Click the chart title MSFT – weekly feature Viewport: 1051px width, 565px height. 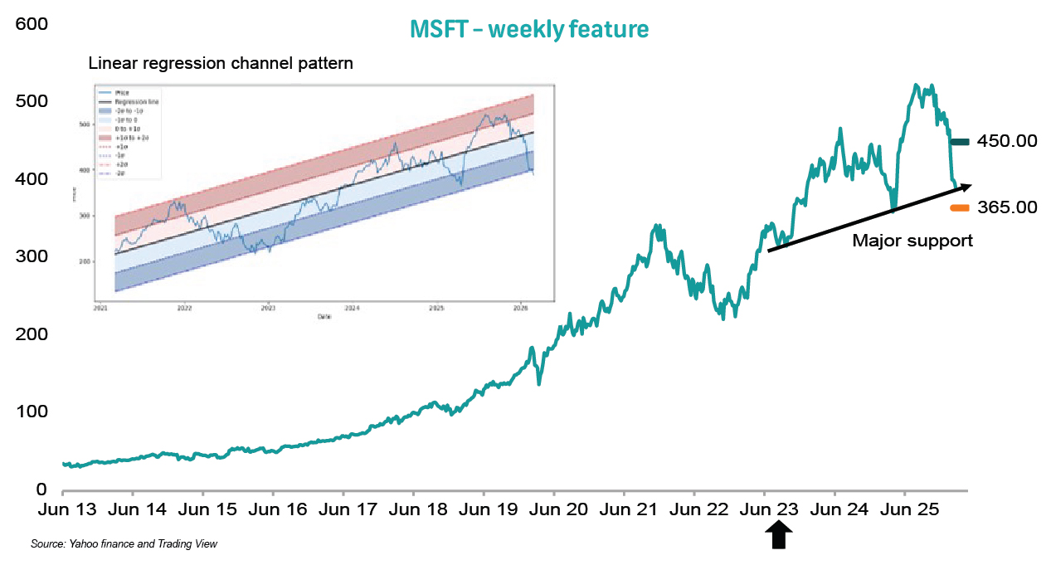click(529, 29)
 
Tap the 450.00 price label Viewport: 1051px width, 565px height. click(1007, 142)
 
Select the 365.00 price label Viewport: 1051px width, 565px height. click(1007, 207)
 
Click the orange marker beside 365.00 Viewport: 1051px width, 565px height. click(960, 207)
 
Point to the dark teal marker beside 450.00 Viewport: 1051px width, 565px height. click(959, 142)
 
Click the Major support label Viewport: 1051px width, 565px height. click(912, 241)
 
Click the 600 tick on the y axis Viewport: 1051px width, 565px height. click(31, 25)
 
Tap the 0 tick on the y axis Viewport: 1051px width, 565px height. click(41, 490)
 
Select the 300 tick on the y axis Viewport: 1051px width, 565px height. click(31, 256)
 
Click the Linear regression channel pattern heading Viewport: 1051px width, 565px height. click(221, 64)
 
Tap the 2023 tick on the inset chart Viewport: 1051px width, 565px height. click(268, 306)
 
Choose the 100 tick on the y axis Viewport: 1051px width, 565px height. click(31, 412)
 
